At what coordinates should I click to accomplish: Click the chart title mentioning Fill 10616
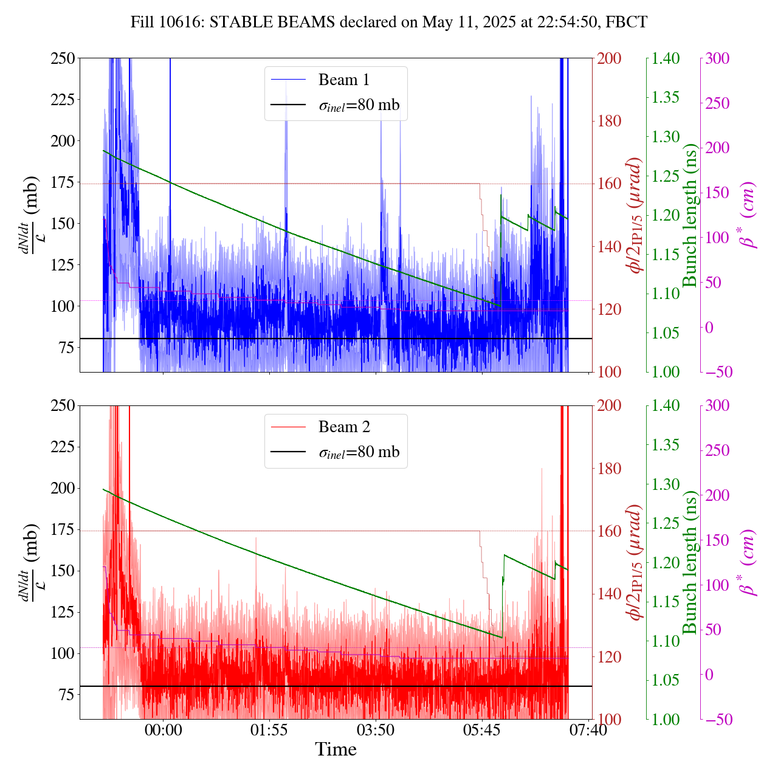click(x=389, y=22)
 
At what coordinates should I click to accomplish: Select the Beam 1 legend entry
click(x=343, y=80)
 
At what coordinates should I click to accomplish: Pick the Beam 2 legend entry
click(x=343, y=427)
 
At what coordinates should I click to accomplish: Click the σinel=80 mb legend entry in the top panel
click(x=359, y=105)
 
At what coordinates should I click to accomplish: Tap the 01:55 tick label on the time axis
click(x=269, y=730)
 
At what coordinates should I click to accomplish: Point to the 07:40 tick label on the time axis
click(x=588, y=730)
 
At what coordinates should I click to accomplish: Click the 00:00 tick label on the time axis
click(x=163, y=730)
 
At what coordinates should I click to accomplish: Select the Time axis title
click(x=336, y=749)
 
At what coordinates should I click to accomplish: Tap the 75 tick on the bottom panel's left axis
click(x=65, y=695)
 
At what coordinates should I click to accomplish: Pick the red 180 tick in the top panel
click(x=610, y=121)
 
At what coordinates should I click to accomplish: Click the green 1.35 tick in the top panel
click(x=667, y=98)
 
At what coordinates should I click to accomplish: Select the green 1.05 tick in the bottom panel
click(x=667, y=680)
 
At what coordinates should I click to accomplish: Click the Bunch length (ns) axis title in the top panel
click(x=690, y=215)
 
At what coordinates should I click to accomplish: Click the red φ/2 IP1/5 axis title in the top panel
click(x=636, y=215)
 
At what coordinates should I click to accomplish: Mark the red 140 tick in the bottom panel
click(x=610, y=594)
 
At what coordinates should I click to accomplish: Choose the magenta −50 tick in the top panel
click(x=717, y=372)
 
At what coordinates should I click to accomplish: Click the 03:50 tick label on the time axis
click(x=376, y=730)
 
